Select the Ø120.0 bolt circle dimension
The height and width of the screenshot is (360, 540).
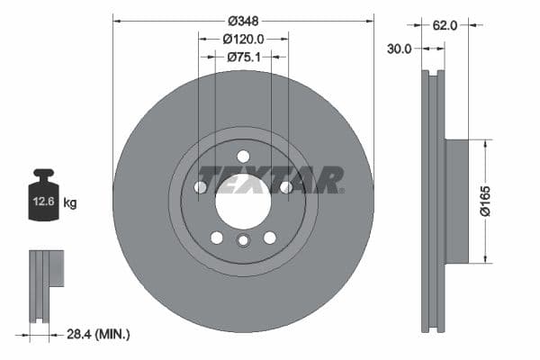[243, 39]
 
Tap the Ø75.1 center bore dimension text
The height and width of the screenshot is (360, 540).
[243, 57]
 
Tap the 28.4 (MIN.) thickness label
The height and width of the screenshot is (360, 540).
[99, 335]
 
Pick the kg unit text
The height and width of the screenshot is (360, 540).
[70, 203]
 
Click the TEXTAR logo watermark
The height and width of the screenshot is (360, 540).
[270, 180]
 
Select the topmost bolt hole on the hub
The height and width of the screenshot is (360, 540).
[243, 157]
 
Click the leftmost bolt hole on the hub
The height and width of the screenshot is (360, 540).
[201, 187]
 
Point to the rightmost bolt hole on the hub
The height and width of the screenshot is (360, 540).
[285, 187]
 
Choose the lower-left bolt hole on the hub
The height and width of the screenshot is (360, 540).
[217, 238]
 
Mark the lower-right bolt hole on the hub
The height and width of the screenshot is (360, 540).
[269, 238]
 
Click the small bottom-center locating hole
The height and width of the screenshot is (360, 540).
[243, 240]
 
